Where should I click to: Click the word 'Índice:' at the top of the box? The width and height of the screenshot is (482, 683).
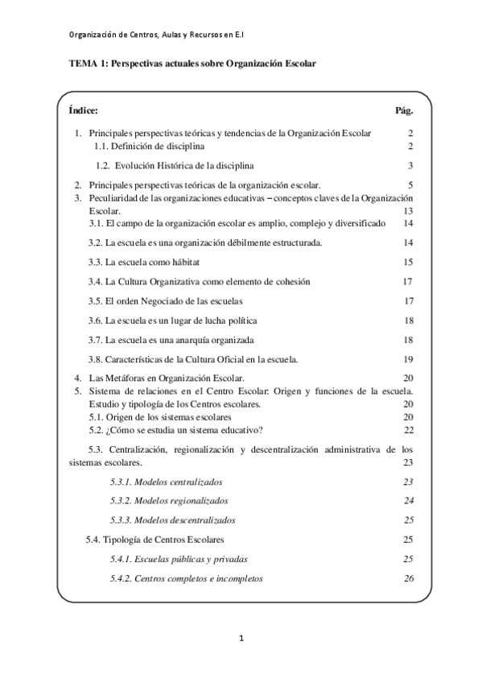point(84,110)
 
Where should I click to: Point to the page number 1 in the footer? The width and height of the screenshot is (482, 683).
point(241,639)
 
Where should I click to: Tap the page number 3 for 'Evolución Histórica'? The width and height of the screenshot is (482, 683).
point(410,166)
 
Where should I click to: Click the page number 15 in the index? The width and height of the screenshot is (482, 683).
point(408,262)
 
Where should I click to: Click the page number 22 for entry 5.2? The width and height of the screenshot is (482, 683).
point(408,429)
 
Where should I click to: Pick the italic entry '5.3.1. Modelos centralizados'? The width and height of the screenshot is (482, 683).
point(167,481)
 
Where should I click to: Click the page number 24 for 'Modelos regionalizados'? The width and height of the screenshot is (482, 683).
point(408,500)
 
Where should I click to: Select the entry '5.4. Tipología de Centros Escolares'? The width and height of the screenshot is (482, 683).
point(155,539)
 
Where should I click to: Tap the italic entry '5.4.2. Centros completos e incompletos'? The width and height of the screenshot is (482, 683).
point(186,578)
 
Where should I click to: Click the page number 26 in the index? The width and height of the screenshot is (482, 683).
point(408,578)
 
